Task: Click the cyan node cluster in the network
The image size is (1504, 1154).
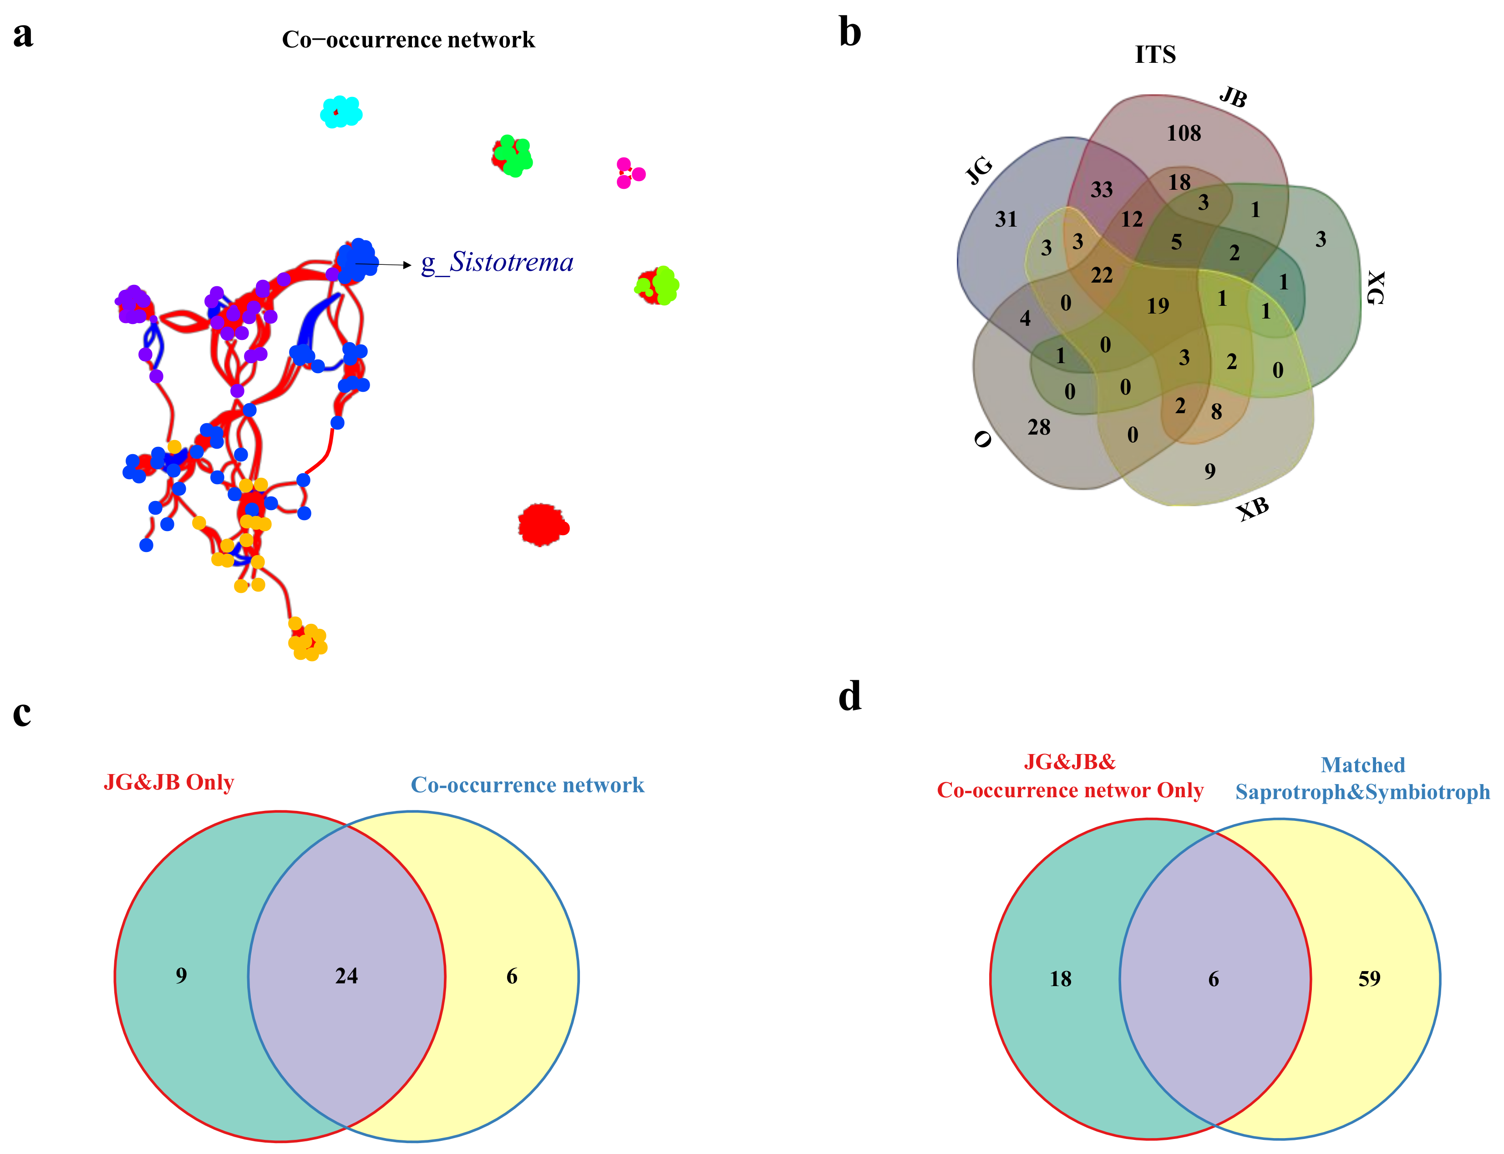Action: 341,112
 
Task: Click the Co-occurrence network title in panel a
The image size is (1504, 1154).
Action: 408,40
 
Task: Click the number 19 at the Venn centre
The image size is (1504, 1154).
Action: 1157,306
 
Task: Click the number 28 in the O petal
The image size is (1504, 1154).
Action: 1038,427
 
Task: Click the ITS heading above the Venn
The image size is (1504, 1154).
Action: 1155,54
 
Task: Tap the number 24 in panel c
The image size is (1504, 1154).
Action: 346,976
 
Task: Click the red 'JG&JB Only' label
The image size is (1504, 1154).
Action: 169,782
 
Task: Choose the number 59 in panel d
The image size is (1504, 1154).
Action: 1369,978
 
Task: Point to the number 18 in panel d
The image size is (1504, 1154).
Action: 1060,979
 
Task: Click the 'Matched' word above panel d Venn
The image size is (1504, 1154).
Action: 1362,764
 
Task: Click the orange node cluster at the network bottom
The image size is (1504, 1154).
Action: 307,642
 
